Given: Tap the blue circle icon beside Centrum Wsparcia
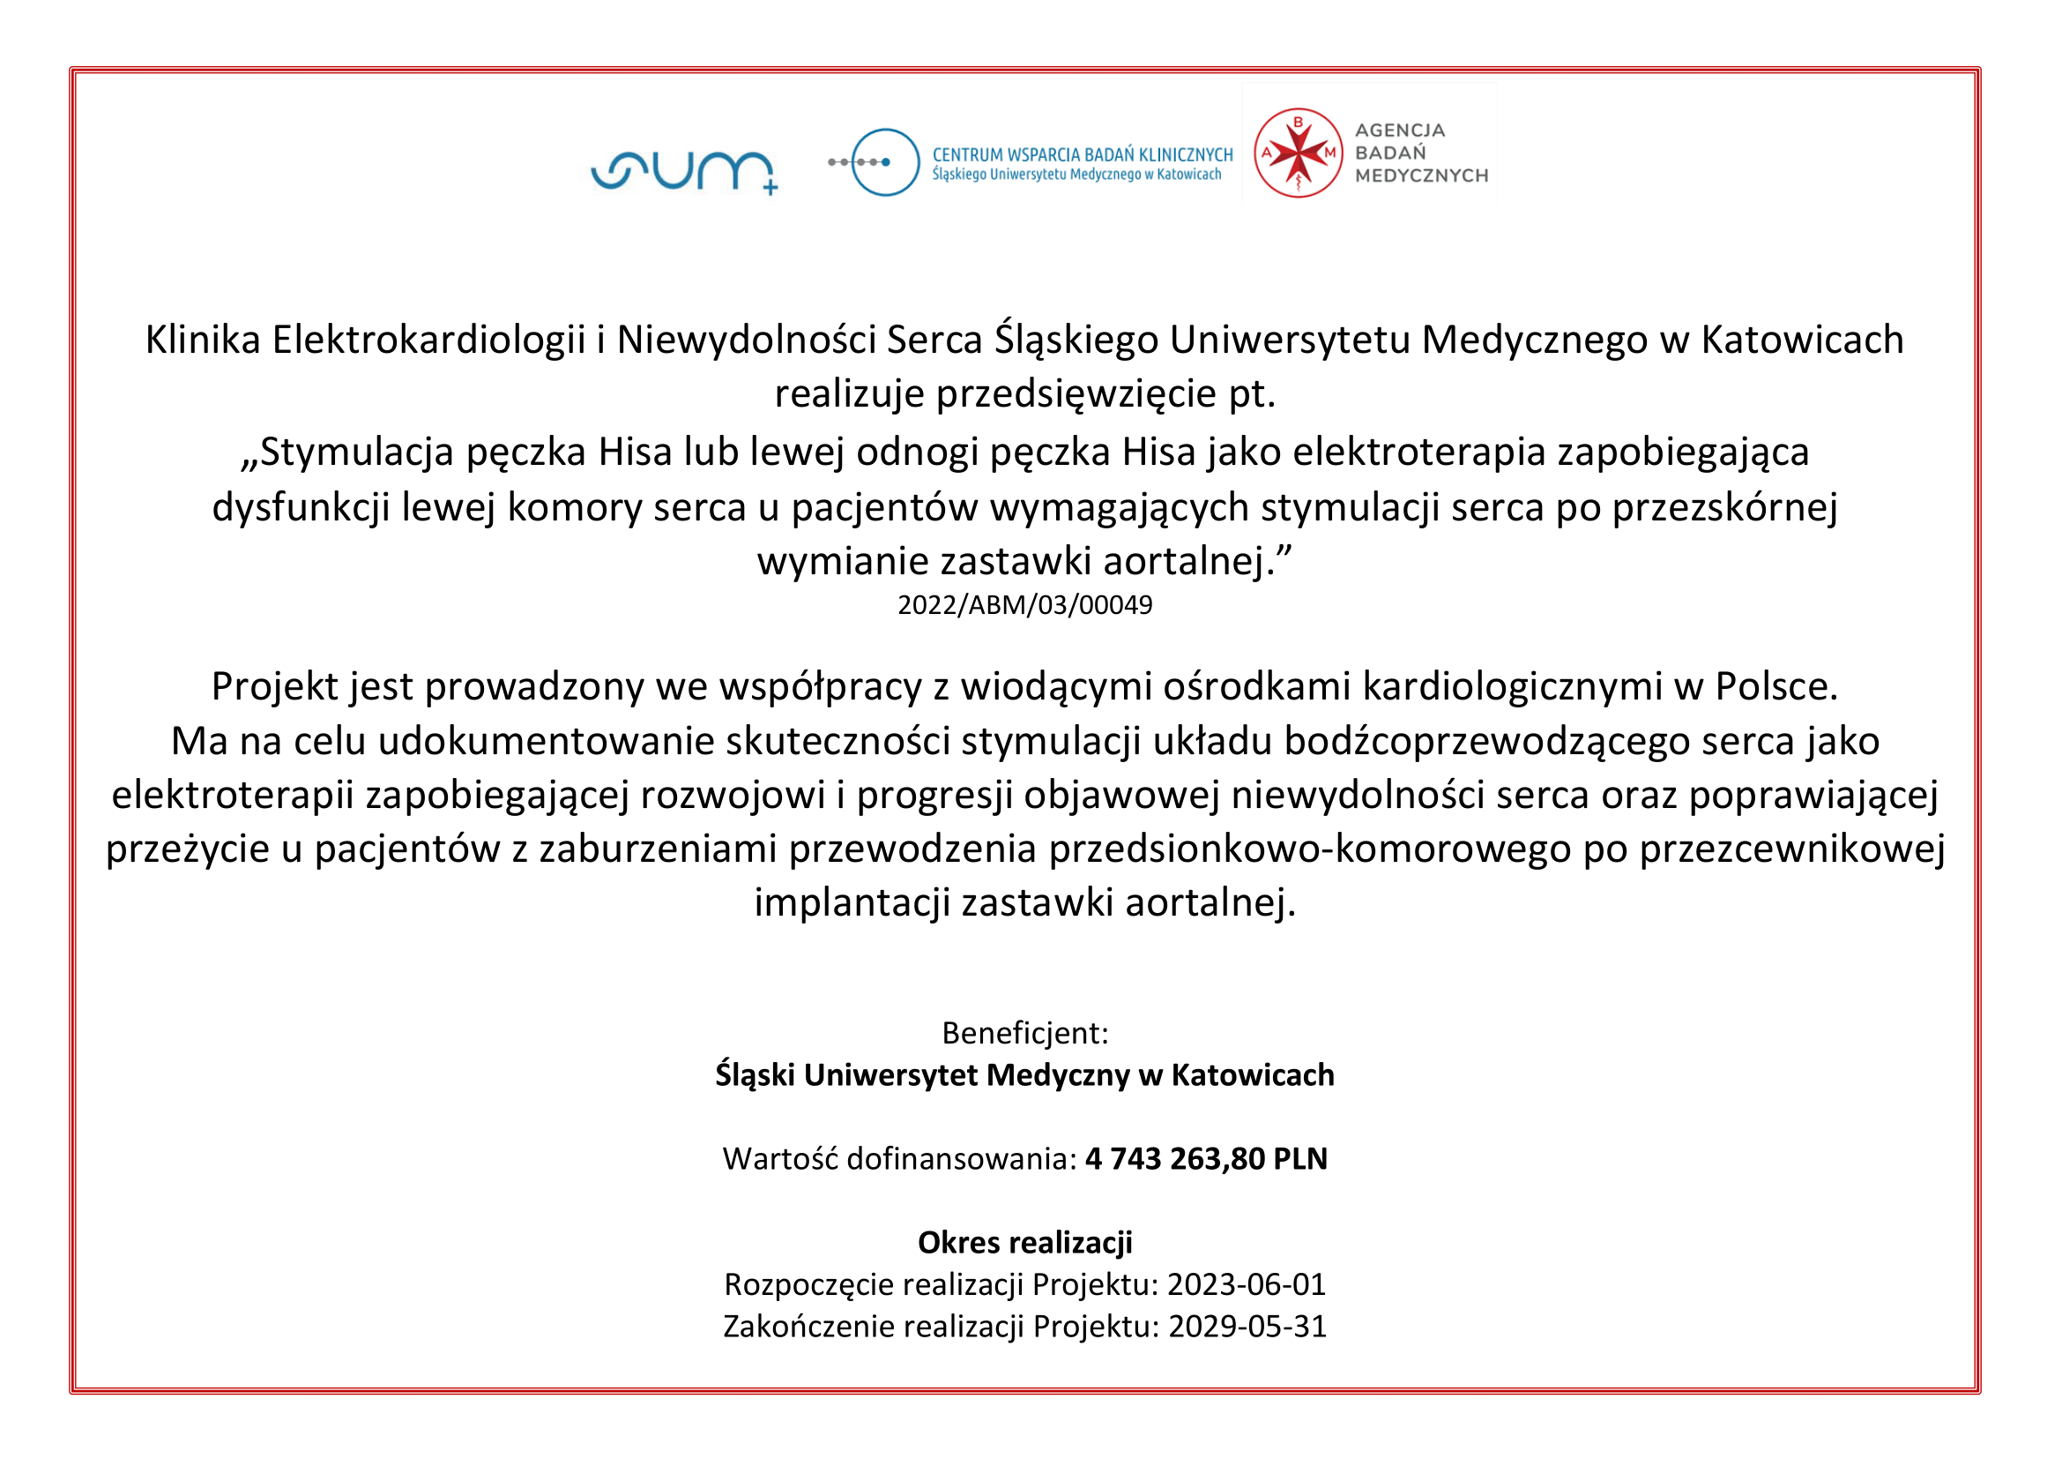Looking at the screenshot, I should click(884, 162).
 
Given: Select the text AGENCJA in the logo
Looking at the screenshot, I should click(1399, 131).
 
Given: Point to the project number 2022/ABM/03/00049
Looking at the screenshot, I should click(1024, 605).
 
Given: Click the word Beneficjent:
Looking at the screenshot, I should click(1024, 1033).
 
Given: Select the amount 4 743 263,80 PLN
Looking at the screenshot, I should click(1206, 1159).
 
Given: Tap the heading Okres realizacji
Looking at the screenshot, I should click(1024, 1243).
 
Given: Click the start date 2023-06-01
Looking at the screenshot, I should click(1247, 1284).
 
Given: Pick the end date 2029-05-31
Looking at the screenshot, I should click(1247, 1326).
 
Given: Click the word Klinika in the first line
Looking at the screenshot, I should click(203, 340).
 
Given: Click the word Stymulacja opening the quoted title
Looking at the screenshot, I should click(356, 452).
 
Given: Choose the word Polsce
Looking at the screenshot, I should click(1776, 686).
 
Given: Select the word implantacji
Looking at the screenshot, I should click(852, 903).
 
